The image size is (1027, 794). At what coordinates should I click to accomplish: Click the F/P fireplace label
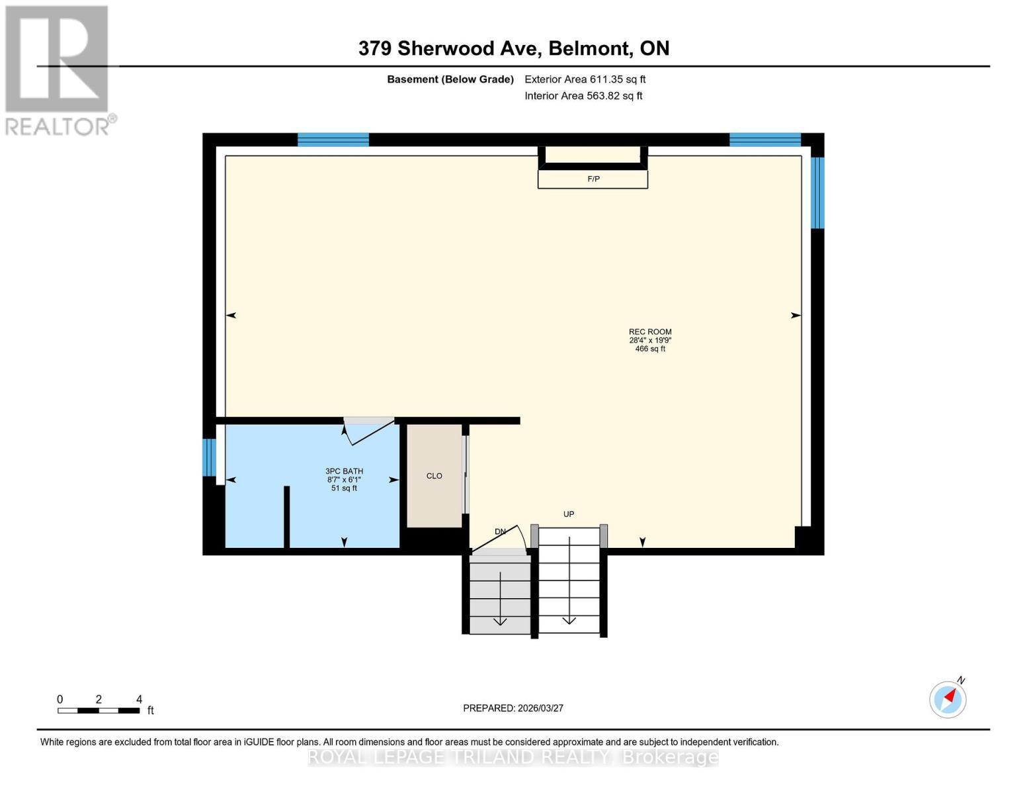coord(593,179)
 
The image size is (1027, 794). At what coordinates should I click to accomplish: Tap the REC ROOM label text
coord(650,332)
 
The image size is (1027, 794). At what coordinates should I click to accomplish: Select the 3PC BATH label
coord(344,471)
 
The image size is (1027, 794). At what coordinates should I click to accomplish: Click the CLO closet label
coord(434,476)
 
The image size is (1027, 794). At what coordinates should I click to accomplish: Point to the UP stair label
coord(569,514)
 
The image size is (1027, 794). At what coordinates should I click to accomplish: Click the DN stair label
coord(501,531)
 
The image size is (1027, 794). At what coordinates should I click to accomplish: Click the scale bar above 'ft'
coord(99,711)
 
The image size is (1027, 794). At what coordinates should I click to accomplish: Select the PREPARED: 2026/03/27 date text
coord(513,708)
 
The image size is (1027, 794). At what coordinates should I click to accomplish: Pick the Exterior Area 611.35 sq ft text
coord(585,79)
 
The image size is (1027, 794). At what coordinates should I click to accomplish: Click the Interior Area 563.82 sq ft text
coord(583,96)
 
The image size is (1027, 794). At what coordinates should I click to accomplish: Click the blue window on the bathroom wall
coord(209,457)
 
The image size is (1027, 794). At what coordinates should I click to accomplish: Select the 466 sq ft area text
coord(650,349)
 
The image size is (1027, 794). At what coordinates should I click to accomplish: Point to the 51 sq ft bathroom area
coord(344,488)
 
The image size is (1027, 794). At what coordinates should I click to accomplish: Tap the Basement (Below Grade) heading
coord(450,79)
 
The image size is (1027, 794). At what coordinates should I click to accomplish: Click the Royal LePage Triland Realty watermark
coord(513,757)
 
